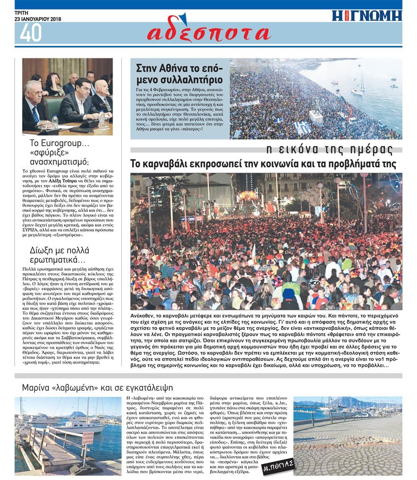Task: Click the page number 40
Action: pyautogui.click(x=30, y=33)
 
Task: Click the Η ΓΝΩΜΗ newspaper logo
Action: pyautogui.click(x=367, y=16)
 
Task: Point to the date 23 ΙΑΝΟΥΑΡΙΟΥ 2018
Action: pyautogui.click(x=38, y=19)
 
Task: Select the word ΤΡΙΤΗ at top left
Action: pyautogui.click(x=21, y=13)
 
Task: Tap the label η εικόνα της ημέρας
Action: pyautogui.click(x=329, y=149)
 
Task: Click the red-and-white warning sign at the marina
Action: pyautogui.click(x=87, y=437)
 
